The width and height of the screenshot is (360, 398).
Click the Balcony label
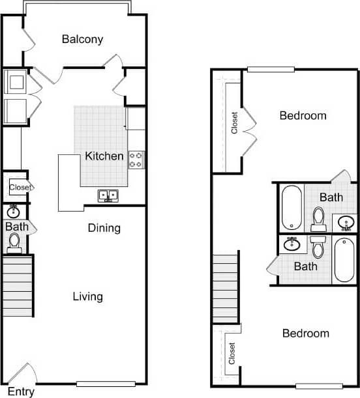(82, 39)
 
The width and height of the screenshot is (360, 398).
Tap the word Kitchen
(104, 156)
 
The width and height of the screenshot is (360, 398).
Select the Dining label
(104, 228)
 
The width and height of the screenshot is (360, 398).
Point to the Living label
(87, 297)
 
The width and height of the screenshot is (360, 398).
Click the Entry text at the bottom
(21, 391)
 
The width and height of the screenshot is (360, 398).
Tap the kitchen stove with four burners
(136, 160)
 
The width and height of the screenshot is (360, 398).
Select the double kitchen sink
(108, 195)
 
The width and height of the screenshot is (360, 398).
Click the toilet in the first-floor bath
(14, 243)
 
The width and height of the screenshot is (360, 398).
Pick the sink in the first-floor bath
(13, 212)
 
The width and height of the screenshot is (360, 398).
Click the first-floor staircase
(18, 286)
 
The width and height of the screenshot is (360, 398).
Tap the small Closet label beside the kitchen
(20, 188)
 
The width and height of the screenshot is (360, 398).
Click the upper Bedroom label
(303, 116)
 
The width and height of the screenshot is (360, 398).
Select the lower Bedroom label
(305, 334)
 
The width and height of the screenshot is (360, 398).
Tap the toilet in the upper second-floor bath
(318, 219)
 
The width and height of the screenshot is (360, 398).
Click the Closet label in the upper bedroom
(234, 122)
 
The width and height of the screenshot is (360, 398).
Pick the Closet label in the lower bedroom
(232, 354)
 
